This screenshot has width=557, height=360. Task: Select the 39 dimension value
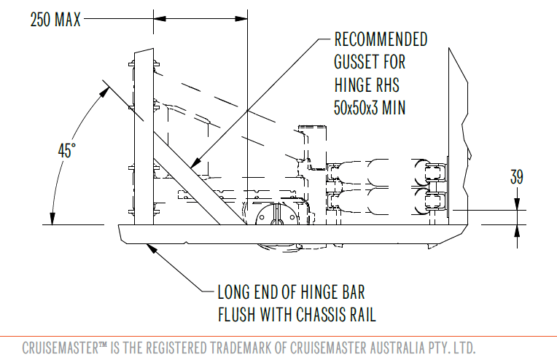tap(517, 176)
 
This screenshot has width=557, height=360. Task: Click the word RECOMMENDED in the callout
tap(381, 39)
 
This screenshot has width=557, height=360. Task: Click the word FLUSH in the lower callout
tap(240, 315)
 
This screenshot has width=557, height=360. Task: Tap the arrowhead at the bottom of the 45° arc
tap(52, 219)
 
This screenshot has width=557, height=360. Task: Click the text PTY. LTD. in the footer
tap(459, 345)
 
